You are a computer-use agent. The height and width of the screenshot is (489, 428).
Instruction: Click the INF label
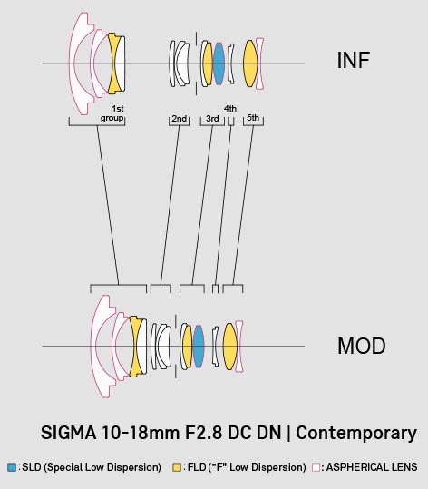tap(353, 60)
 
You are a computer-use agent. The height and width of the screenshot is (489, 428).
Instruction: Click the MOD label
tap(362, 346)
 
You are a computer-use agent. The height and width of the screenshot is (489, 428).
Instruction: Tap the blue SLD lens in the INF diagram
tap(219, 64)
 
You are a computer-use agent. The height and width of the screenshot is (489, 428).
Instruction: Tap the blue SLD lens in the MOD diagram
tap(199, 346)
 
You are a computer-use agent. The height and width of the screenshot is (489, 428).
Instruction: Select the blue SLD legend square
tap(12, 467)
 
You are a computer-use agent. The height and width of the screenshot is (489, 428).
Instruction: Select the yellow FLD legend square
tap(177, 467)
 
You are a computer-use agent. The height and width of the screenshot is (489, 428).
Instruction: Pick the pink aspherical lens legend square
tap(316, 467)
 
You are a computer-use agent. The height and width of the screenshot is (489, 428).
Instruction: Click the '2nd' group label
tap(180, 119)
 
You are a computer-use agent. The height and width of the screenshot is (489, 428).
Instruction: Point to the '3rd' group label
tap(212, 119)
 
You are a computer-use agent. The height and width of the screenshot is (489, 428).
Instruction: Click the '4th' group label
tap(230, 109)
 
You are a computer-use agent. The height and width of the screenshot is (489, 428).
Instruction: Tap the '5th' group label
tap(253, 118)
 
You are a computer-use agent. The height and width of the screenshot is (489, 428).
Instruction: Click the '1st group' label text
tap(112, 113)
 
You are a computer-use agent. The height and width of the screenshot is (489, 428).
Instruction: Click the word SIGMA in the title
tap(68, 433)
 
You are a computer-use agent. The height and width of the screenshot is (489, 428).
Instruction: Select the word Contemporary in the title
tap(356, 434)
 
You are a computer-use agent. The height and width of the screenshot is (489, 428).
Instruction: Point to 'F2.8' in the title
tap(203, 433)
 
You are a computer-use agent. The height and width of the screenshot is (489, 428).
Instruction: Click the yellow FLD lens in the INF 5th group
tap(250, 64)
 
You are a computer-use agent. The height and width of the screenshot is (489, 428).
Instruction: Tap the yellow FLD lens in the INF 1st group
tap(113, 64)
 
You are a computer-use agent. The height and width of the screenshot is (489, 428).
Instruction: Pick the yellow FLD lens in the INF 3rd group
tap(208, 64)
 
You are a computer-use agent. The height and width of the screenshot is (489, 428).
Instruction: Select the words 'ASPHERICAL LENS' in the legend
tap(372, 467)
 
